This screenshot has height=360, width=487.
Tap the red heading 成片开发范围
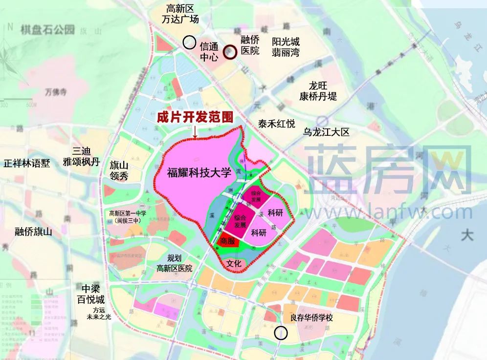[x=195, y=117]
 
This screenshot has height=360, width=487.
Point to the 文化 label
[x=235, y=264]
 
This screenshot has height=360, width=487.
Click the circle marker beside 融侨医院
[x=230, y=52]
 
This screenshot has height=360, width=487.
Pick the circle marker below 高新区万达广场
[x=189, y=42]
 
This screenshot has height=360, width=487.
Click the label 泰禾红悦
[x=277, y=124]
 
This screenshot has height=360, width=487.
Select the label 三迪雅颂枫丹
[x=81, y=157]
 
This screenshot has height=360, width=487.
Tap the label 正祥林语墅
[x=26, y=163]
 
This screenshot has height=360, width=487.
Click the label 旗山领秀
[x=119, y=170]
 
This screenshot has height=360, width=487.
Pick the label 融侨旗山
[x=33, y=232]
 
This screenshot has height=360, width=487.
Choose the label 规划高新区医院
[x=174, y=263]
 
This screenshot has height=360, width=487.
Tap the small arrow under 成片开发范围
[x=195, y=132]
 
